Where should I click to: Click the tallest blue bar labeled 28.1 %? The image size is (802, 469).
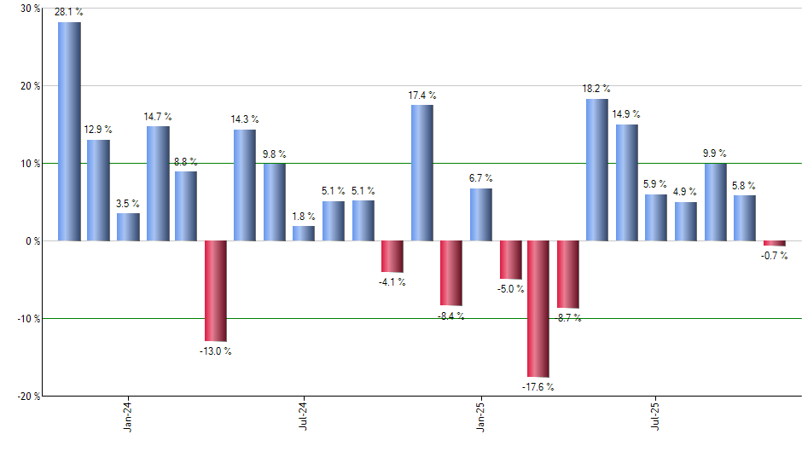(69, 131)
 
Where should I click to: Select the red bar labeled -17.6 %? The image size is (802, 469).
(538, 309)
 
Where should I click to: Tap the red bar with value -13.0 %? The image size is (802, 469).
(216, 291)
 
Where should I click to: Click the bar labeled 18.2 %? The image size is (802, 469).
(597, 170)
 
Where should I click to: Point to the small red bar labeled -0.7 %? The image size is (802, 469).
(774, 243)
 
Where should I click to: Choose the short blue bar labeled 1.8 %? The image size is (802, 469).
(304, 233)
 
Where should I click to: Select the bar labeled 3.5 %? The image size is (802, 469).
(128, 227)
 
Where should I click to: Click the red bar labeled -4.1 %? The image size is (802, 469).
(392, 256)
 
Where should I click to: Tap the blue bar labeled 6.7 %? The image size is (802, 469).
(480, 214)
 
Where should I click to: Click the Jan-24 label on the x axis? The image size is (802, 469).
(128, 416)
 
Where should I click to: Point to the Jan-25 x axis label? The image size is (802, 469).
(480, 416)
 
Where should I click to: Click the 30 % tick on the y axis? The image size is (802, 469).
(30, 9)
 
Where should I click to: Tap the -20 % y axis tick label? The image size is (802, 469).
(27, 397)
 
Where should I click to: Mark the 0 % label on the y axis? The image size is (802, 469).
(33, 241)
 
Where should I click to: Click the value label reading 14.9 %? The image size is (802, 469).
(626, 114)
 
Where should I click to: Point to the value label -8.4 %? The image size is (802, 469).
(452, 316)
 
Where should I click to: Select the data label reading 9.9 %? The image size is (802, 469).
(714, 153)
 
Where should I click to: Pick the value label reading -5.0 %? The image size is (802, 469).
(509, 289)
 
